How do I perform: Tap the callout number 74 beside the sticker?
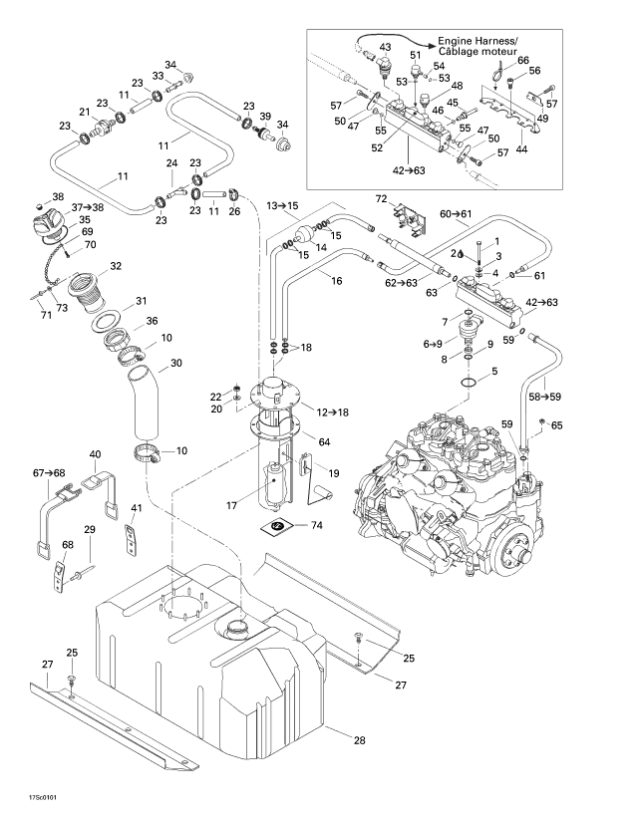click(317, 524)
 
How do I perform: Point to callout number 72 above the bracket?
click(381, 197)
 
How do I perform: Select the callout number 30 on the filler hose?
click(175, 364)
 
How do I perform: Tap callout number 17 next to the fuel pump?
click(230, 506)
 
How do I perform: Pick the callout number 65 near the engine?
click(556, 425)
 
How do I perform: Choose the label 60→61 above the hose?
click(457, 213)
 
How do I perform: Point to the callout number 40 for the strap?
click(96, 454)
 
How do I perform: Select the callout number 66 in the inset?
click(522, 60)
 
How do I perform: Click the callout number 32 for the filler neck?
click(116, 266)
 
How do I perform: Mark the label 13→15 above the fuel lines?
click(282, 205)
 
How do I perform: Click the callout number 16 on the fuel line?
click(336, 282)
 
